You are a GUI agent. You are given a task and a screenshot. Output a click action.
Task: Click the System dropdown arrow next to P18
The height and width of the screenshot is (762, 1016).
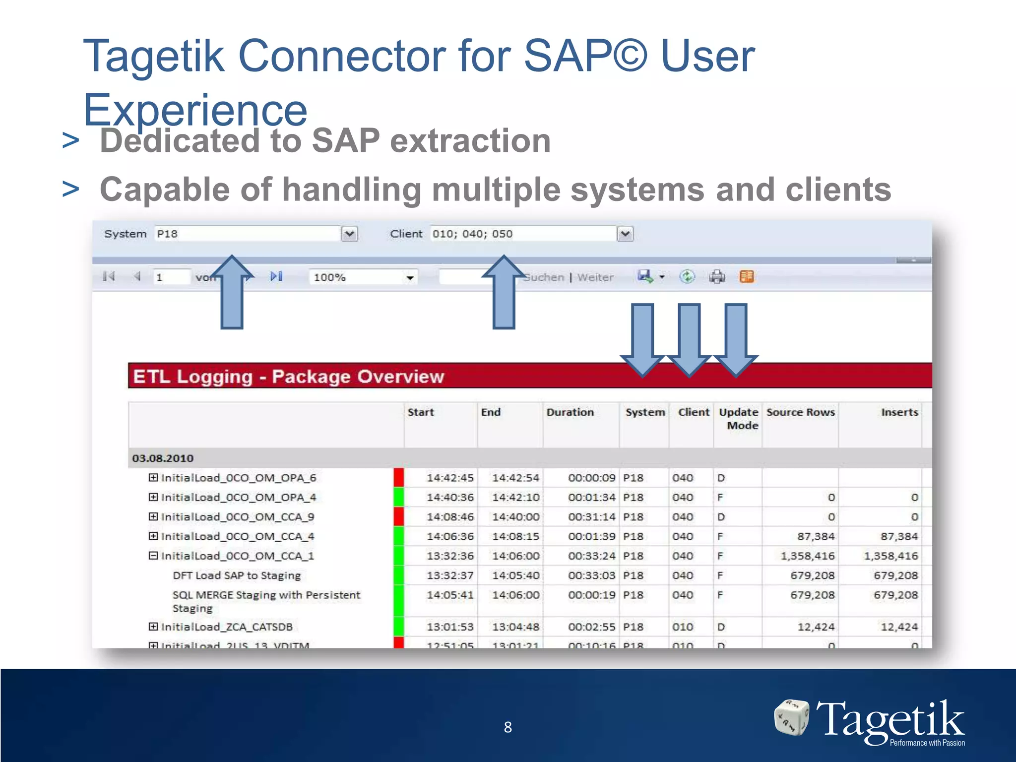click(350, 234)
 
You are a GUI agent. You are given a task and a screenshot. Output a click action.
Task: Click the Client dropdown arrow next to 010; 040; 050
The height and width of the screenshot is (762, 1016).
click(625, 234)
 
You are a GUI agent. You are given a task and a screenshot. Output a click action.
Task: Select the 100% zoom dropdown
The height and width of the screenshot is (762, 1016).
click(363, 277)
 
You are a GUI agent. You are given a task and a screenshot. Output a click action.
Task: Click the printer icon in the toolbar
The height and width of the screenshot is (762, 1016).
click(717, 276)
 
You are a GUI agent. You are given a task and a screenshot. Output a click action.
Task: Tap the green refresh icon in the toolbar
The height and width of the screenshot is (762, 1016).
click(687, 276)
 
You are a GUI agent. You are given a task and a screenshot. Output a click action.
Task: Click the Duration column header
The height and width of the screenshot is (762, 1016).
click(570, 412)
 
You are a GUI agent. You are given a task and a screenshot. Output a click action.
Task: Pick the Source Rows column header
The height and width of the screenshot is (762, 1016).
click(800, 412)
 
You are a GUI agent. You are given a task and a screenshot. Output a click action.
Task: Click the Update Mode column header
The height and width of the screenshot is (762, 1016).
click(739, 419)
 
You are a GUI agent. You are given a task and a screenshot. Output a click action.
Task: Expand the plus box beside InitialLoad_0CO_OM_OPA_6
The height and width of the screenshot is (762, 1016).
click(153, 478)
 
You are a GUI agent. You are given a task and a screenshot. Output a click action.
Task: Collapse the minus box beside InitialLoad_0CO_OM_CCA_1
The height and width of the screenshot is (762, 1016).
click(153, 556)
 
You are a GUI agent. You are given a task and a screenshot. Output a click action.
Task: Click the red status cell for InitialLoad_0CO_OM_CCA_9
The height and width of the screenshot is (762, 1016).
click(398, 516)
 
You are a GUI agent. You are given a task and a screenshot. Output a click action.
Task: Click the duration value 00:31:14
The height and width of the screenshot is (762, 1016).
click(591, 517)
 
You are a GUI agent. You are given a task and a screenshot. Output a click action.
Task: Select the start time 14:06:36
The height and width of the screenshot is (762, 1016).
click(450, 536)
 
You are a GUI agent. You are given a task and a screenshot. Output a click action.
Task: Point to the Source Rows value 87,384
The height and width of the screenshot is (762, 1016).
click(816, 536)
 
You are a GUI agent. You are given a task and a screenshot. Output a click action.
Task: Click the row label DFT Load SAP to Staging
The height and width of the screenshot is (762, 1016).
click(237, 575)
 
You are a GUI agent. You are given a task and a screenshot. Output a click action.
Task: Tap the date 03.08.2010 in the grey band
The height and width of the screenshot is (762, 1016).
click(163, 458)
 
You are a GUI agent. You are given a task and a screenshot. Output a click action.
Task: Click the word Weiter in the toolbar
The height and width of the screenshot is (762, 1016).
click(595, 277)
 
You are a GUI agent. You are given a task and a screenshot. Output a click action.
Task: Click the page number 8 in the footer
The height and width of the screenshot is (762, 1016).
click(508, 727)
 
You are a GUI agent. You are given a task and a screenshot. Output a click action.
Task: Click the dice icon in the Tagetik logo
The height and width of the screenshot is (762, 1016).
click(791, 717)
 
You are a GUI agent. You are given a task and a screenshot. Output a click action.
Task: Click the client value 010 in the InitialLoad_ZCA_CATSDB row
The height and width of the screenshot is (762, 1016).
click(683, 627)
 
